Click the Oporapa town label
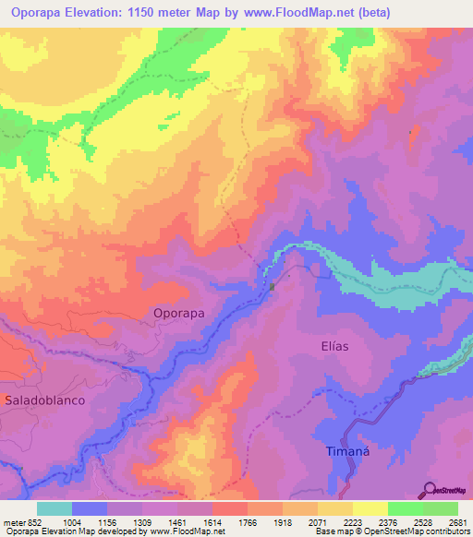coord(178,313)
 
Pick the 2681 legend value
coord(457,523)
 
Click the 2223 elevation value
coord(352,523)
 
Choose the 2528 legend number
coord(422,523)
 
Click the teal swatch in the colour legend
coord(55,508)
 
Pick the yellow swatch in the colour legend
coord(370,508)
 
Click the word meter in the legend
coord(12,523)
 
